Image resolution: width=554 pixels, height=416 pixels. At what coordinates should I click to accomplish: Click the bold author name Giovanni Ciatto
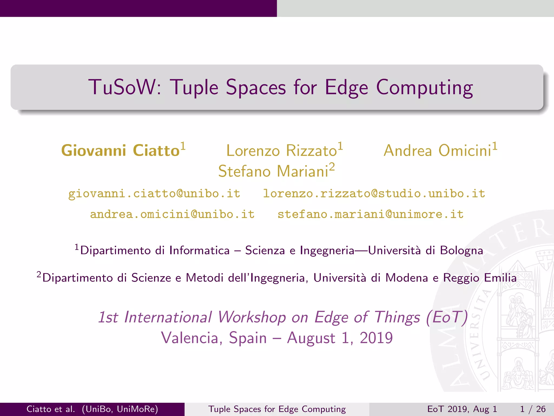coord(120,151)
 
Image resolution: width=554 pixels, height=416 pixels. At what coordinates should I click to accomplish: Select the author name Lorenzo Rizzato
coord(281,151)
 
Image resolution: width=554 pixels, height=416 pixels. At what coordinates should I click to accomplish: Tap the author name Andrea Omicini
coord(437,151)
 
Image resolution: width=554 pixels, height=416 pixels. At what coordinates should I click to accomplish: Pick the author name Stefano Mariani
coord(273,171)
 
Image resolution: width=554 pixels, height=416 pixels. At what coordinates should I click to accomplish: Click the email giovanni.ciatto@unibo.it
coord(154,194)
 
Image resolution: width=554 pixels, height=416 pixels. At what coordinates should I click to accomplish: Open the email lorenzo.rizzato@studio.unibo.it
coord(374,194)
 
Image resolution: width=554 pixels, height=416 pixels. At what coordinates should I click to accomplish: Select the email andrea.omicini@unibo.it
coord(172,214)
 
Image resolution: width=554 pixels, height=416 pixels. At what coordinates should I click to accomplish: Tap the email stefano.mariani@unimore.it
coord(371,214)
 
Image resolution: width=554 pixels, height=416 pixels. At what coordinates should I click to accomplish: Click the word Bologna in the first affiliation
coord(461,251)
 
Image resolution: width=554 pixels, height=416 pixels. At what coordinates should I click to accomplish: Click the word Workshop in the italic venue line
coord(252,317)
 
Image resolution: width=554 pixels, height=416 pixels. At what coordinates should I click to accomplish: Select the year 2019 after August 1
coord(376,338)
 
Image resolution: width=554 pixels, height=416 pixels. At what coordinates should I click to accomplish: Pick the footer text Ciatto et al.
coord(51,409)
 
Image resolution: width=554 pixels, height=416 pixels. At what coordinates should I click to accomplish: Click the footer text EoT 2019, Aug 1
coord(462,409)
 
